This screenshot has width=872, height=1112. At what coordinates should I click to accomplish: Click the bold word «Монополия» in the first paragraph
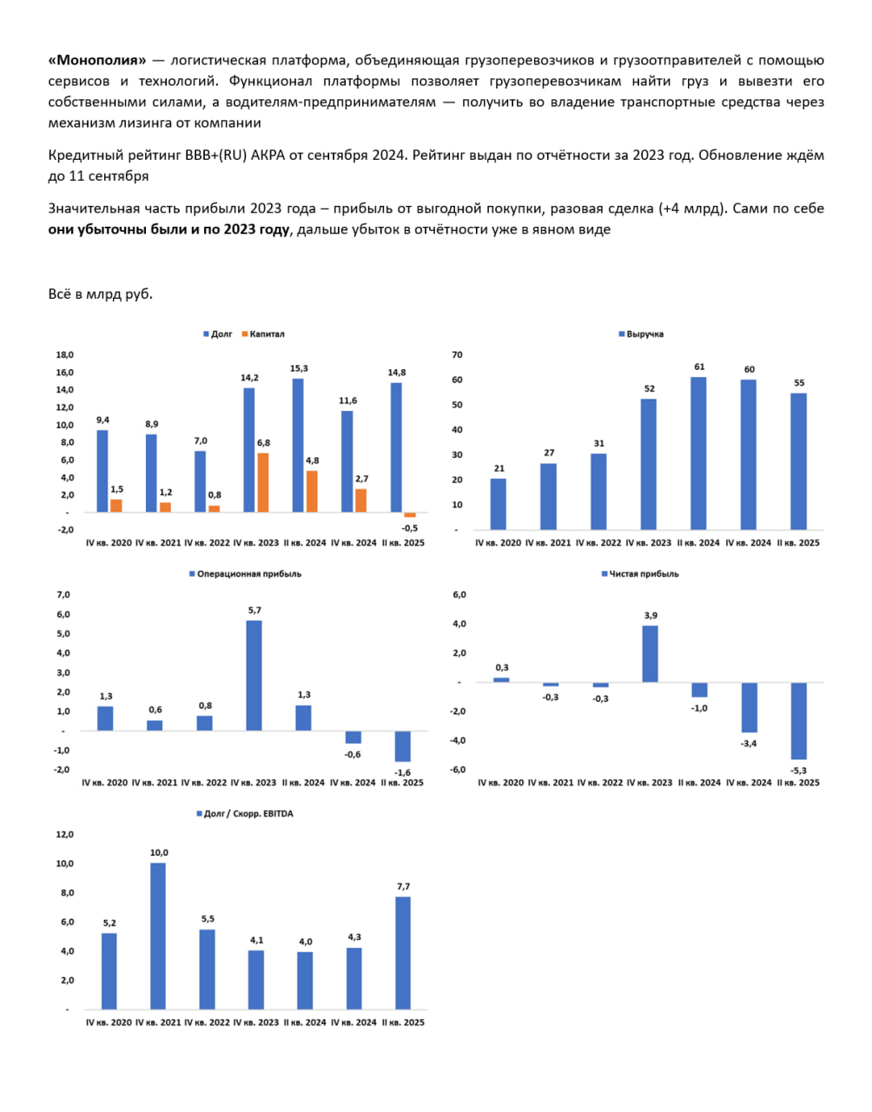(x=98, y=60)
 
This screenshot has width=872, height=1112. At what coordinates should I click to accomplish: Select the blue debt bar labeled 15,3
(x=298, y=445)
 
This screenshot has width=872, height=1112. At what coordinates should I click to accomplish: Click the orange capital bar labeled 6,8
(x=263, y=482)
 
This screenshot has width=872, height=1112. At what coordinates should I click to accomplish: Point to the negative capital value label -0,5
(x=409, y=528)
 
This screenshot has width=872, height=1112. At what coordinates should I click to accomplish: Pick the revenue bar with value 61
(x=698, y=453)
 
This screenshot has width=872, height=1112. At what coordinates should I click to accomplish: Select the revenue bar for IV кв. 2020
(x=498, y=504)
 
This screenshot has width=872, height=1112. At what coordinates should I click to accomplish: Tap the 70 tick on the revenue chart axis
(x=458, y=354)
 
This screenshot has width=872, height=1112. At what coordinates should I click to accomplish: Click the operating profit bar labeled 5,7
(x=254, y=675)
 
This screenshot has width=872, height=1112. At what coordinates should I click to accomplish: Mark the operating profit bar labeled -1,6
(x=403, y=746)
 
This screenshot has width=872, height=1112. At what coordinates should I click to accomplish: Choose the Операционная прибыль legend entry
(x=245, y=574)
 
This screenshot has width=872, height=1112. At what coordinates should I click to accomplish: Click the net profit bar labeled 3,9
(x=650, y=653)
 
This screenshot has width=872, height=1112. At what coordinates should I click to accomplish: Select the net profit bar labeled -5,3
(x=798, y=721)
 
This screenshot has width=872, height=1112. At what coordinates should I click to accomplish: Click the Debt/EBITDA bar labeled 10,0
(x=158, y=936)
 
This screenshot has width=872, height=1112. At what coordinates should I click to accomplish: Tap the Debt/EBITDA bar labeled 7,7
(x=403, y=952)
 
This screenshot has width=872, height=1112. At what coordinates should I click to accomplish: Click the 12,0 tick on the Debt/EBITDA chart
(x=65, y=835)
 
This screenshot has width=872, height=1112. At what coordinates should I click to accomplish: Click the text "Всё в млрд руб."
(x=101, y=294)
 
